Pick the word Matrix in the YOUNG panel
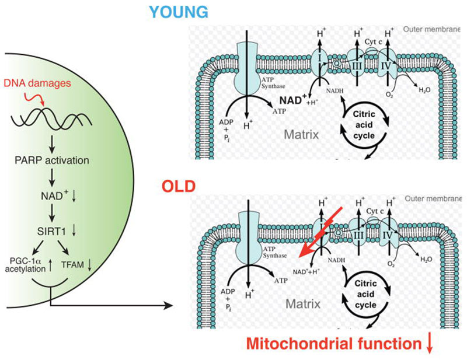coord(301,134)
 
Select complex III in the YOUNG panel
coord(357,65)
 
